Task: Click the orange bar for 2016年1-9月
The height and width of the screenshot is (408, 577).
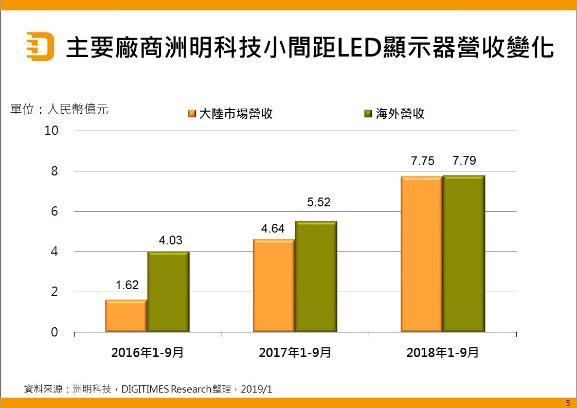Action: (x=126, y=316)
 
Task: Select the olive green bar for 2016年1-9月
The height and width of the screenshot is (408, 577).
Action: (x=168, y=292)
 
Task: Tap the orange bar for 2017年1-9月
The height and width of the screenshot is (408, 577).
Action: (x=274, y=286)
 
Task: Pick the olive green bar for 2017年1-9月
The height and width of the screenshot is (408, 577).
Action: (x=316, y=277)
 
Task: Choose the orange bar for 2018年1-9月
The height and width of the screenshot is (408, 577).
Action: (x=421, y=254)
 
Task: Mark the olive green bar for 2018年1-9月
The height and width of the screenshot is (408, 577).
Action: (x=464, y=254)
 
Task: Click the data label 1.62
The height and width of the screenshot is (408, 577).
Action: (x=127, y=285)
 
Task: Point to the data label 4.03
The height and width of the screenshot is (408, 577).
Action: (x=170, y=240)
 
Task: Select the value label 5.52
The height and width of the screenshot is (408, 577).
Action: (x=318, y=203)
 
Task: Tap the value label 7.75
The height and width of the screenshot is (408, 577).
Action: (x=422, y=161)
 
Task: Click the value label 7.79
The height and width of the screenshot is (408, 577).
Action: (x=464, y=161)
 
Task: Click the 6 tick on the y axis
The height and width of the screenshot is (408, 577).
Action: (x=55, y=211)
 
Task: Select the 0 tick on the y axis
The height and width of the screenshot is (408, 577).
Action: (x=55, y=333)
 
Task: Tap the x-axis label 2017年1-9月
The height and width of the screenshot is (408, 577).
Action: (x=295, y=353)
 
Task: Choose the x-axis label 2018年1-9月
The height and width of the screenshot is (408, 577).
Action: (x=442, y=353)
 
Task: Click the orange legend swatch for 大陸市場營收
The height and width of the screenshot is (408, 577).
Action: (x=192, y=114)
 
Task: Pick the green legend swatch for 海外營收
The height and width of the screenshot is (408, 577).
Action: (x=368, y=114)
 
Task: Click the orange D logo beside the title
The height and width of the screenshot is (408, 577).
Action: (x=40, y=46)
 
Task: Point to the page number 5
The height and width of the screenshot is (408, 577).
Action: (x=568, y=403)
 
